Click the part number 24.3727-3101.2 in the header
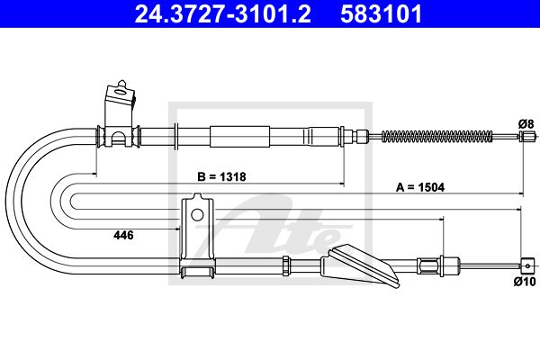coord(223,13)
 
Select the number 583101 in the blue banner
coord(382,13)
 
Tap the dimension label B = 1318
coord(221,176)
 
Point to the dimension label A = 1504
coord(420,187)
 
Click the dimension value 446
coord(123,235)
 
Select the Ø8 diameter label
coord(526,123)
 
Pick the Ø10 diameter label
coord(526,282)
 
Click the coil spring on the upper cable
coord(437,137)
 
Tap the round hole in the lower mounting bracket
coord(197,215)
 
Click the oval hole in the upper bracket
coord(121,92)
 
